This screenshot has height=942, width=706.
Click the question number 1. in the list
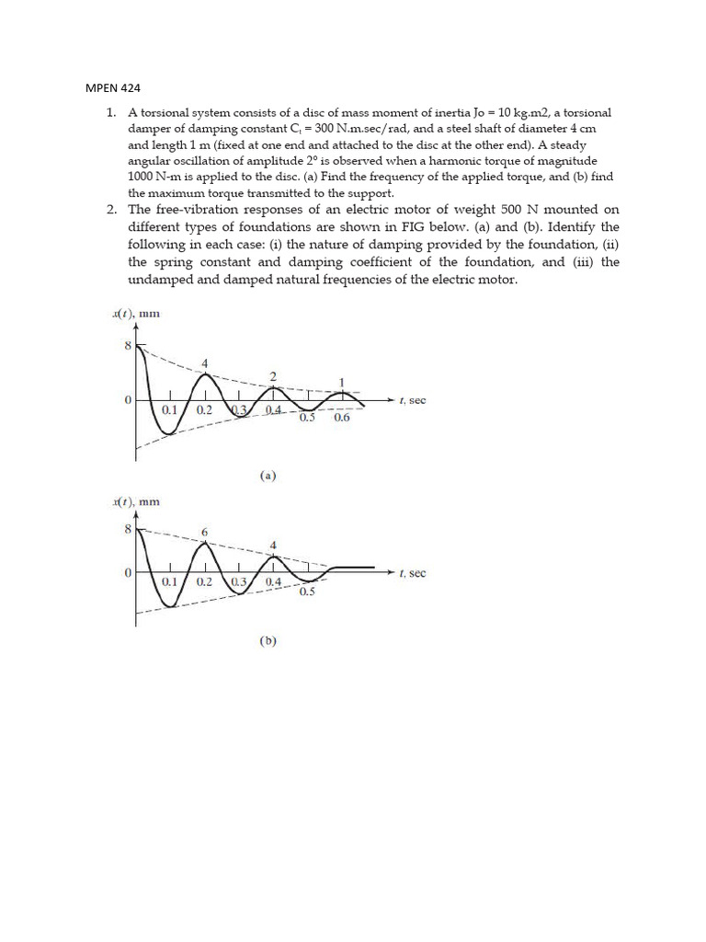[110, 112]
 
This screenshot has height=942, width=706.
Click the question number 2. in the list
[110, 209]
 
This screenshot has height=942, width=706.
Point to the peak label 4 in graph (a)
[205, 363]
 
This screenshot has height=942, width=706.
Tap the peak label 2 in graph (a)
[272, 376]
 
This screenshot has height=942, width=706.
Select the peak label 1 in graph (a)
[342, 382]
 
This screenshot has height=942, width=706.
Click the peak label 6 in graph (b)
[204, 533]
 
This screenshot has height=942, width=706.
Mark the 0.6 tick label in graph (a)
[342, 418]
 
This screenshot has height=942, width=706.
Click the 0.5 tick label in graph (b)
[307, 592]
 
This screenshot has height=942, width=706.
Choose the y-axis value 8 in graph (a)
[128, 346]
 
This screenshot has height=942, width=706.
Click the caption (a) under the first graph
[268, 476]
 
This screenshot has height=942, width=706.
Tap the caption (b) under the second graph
[268, 642]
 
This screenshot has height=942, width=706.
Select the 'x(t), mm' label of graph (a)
[135, 314]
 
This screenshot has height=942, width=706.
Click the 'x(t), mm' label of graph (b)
[135, 501]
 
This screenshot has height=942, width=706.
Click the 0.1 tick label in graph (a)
[170, 409]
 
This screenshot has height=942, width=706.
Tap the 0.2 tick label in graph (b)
[204, 582]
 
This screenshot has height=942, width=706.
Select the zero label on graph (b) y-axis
[129, 572]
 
